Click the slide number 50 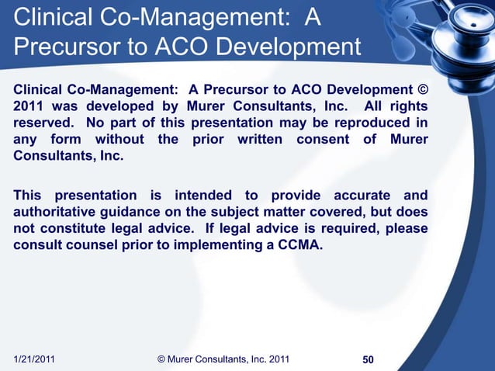(369, 359)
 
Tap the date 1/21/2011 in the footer (40, 359)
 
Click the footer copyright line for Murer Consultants (223, 359)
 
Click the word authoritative (64, 212)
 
